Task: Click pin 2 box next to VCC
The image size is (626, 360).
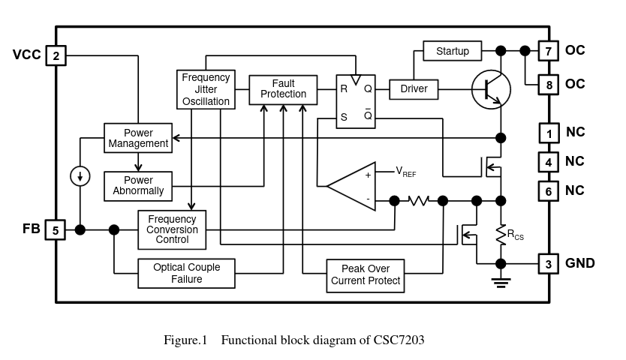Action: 56,55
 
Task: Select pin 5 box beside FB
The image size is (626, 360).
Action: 56,229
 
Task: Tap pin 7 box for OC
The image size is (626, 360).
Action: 549,51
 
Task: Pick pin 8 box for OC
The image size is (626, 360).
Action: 549,85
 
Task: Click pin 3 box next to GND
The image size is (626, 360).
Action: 549,263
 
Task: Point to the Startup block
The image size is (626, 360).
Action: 453,51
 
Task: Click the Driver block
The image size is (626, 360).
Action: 414,88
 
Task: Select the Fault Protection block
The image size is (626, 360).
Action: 283,88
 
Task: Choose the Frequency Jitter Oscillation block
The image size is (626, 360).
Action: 206,89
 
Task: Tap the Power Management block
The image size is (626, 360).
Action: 137,138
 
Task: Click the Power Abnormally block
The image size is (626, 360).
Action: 138,185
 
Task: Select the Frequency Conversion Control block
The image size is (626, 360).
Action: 172,229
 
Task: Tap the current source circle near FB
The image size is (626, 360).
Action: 80,177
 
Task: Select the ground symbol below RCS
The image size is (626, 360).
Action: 501,282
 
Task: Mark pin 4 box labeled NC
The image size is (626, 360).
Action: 549,162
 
